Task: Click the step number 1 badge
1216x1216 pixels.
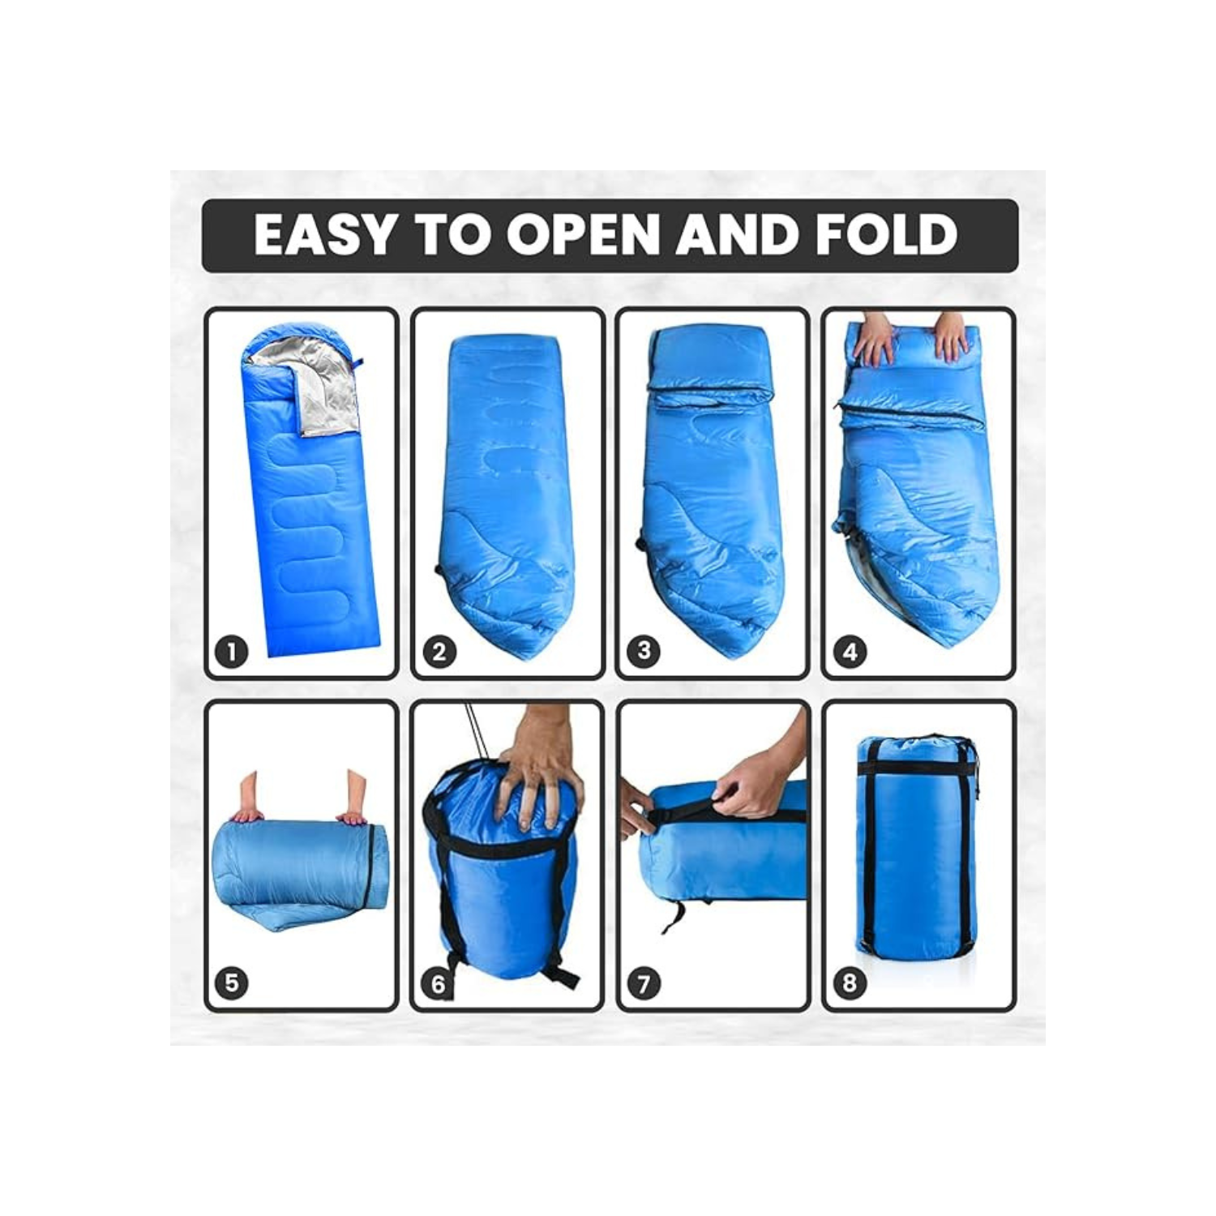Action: click(x=232, y=652)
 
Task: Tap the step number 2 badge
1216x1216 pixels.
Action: click(x=439, y=652)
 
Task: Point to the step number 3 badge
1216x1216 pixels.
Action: click(x=644, y=651)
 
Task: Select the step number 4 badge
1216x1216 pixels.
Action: click(x=850, y=652)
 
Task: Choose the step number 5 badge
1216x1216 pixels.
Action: click(x=232, y=983)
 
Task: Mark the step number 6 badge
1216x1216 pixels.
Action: click(x=439, y=984)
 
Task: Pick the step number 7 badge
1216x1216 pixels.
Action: click(x=644, y=984)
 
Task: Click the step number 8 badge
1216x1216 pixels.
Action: click(x=850, y=983)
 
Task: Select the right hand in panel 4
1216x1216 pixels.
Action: click(x=951, y=339)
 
